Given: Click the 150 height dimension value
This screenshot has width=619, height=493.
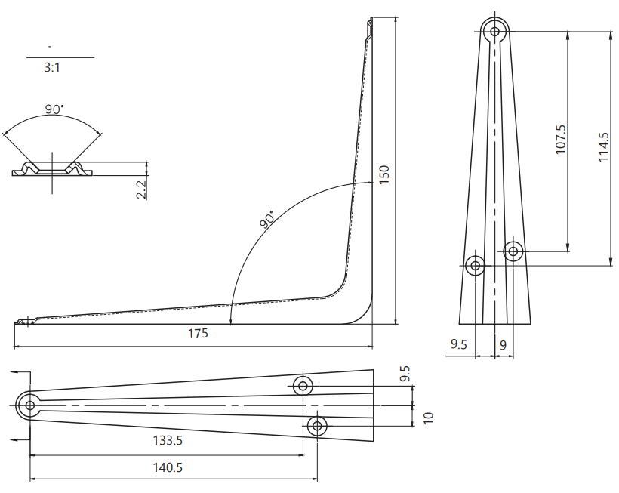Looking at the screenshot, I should [384, 175].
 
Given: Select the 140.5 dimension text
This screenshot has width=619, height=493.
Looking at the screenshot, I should [168, 467].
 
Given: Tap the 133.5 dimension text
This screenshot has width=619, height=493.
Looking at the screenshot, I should [168, 440].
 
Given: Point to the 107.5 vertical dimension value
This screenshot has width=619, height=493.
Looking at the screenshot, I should [560, 140].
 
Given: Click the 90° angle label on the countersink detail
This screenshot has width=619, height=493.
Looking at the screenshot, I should [54, 109].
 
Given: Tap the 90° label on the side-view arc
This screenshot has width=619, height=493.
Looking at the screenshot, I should [267, 220].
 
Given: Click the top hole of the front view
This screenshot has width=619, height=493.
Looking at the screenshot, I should [495, 32].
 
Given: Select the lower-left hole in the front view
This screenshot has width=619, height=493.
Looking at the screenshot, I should [476, 265].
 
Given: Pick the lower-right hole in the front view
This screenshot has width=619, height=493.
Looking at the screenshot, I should [513, 251].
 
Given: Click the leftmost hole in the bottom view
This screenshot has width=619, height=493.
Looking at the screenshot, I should [29, 405].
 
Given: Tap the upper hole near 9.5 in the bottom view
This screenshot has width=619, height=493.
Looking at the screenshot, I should [303, 386].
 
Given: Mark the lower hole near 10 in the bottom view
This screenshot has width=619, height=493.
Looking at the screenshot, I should [317, 426].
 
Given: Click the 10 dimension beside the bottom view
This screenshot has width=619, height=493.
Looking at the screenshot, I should [429, 418].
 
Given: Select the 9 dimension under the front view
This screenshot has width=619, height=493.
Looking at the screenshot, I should [503, 345].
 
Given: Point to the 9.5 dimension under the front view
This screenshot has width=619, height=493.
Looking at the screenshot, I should [459, 345].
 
